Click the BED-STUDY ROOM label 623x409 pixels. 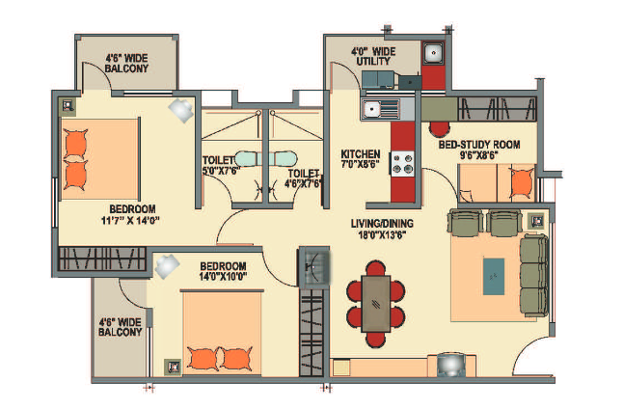click(479, 145)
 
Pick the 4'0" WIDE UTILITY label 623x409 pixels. click(373, 56)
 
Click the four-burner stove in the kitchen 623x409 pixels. click(401, 163)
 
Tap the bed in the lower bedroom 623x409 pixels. click(221, 333)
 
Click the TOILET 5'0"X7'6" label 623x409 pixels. click(221, 165)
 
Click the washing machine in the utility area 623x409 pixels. click(434, 54)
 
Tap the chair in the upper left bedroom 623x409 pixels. click(180, 109)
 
